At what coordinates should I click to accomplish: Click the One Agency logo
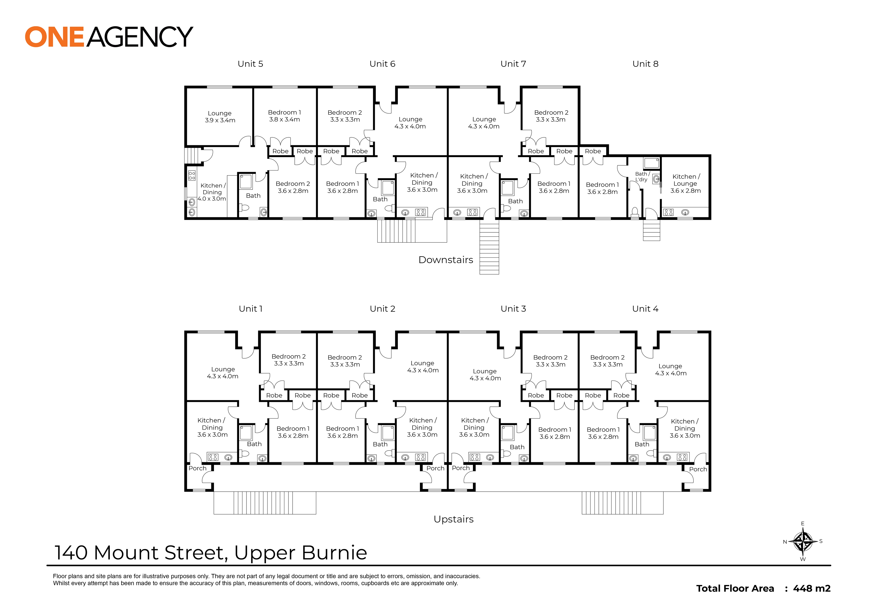pos(109,37)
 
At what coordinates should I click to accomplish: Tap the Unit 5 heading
pos(250,64)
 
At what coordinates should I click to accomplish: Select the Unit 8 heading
pos(645,64)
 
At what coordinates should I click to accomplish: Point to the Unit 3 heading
pos(513,309)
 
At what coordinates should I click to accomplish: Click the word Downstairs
pos(446,260)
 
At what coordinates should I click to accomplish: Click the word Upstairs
pos(454,520)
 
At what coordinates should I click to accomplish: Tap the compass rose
pos(803,541)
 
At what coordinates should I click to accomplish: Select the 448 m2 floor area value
pos(811,588)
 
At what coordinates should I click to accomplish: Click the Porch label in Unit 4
pos(698,469)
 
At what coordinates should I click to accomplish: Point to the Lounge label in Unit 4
pos(671,370)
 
